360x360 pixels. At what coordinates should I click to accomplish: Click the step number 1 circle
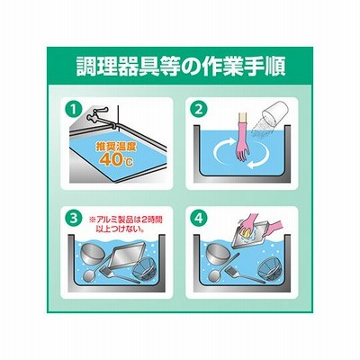[72, 111]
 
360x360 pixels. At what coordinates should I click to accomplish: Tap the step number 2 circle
[199, 110]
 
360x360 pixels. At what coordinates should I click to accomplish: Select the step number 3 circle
[72, 219]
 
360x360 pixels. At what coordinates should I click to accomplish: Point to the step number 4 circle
[199, 219]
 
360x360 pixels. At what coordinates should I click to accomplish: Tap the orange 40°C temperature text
[116, 160]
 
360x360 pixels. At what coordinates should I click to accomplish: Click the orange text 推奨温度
[116, 147]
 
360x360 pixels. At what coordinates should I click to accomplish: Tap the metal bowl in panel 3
[91, 254]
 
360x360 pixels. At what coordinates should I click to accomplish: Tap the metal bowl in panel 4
[217, 254]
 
